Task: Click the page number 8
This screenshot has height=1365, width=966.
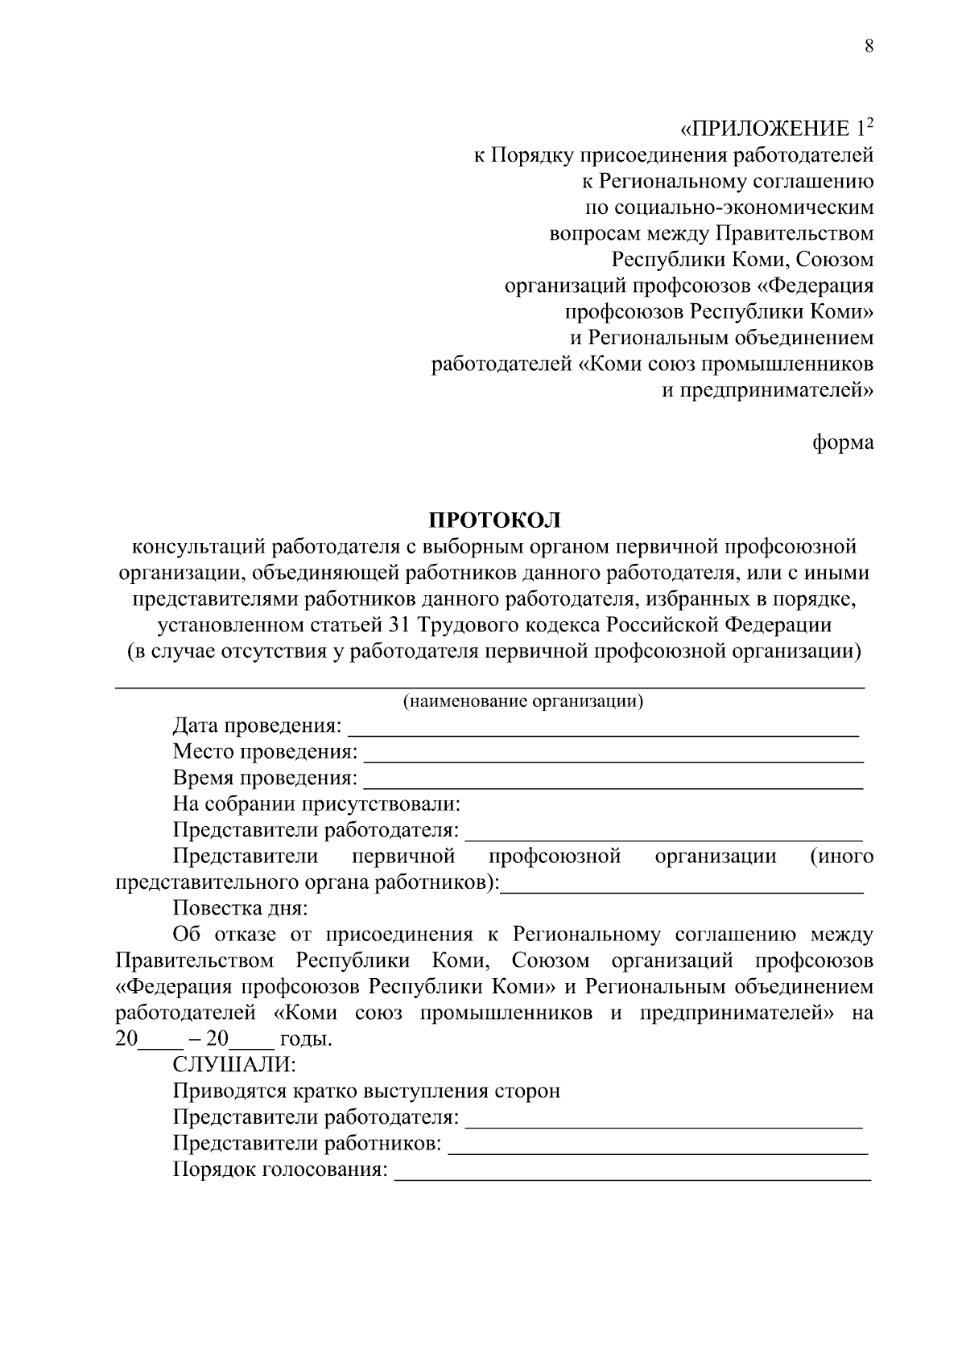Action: click(869, 46)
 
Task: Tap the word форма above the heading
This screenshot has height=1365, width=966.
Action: click(843, 442)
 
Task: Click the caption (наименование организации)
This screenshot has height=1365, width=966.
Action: click(523, 701)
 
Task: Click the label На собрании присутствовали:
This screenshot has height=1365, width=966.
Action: click(316, 804)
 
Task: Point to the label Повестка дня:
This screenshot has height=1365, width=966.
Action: click(240, 908)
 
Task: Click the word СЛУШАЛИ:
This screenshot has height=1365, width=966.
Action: click(234, 1065)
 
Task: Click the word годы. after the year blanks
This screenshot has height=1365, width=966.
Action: click(305, 1038)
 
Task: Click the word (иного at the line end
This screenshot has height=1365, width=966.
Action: click(842, 856)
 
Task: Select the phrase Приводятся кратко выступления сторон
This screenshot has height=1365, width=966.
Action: click(366, 1091)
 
